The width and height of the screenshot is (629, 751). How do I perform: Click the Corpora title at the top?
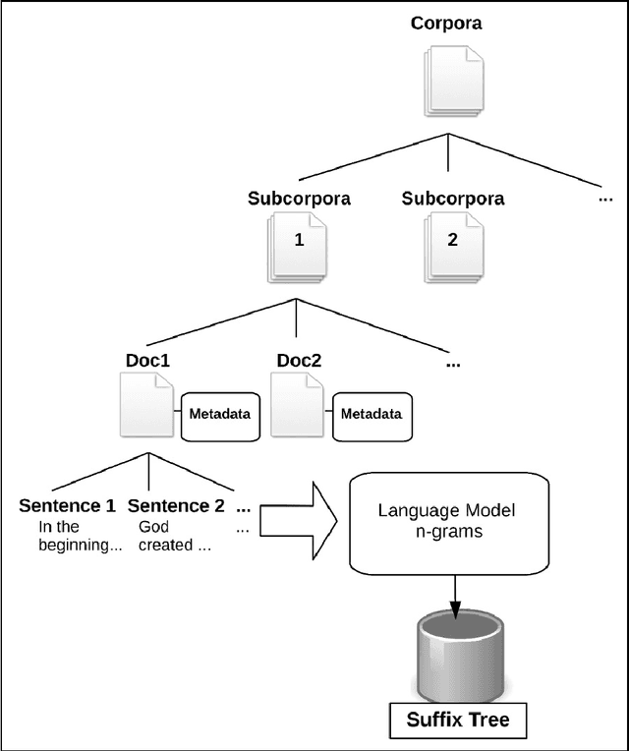446,23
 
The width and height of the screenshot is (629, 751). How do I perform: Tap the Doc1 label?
147,361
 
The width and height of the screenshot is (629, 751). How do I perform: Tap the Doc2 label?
299,361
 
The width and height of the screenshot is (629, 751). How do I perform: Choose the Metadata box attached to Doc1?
219,414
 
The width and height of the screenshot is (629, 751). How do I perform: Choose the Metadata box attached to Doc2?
372,414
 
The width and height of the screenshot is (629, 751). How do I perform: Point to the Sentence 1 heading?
67,507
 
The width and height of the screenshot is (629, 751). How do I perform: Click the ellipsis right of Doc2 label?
452,363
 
